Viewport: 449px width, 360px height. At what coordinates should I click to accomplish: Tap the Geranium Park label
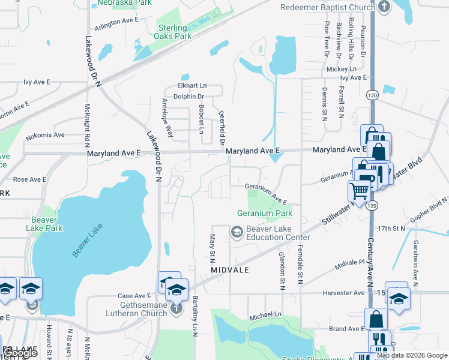tap(264, 213)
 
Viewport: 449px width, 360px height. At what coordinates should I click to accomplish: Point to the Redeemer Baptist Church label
tap(327, 7)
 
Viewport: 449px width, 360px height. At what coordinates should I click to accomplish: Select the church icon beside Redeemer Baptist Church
tap(384, 7)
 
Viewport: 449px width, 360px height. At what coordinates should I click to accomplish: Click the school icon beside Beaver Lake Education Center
tap(237, 232)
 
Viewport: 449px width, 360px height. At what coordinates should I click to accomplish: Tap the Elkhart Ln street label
tap(192, 85)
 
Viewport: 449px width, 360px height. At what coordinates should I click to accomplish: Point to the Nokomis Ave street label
tap(44, 135)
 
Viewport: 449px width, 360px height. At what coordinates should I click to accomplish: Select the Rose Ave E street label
tap(30, 179)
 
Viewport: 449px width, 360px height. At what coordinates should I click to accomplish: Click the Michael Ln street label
tap(265, 314)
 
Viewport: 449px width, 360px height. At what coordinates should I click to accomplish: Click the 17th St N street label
tap(393, 229)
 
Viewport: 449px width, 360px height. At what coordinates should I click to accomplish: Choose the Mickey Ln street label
tap(342, 69)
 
